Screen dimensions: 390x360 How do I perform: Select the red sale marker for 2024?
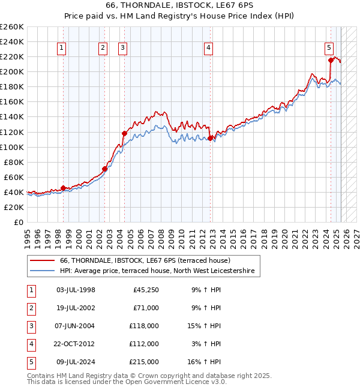[331, 60]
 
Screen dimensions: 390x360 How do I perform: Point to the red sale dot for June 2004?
[124, 133]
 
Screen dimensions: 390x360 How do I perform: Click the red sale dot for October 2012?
[210, 138]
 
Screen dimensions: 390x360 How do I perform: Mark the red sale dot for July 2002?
[104, 169]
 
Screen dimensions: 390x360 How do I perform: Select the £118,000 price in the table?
[145, 326]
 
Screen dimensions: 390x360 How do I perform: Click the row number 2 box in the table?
[30, 308]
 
